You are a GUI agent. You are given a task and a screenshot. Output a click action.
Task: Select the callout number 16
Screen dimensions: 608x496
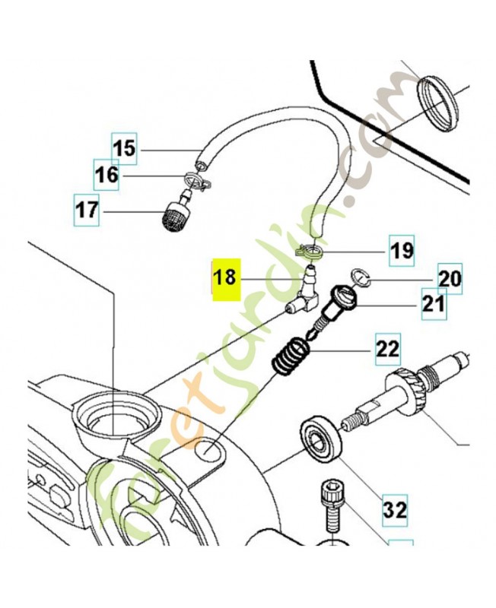point(107,176)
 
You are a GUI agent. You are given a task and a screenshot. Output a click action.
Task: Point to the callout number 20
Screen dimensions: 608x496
point(449,279)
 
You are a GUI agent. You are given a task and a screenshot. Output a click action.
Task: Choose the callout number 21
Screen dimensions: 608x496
point(433,304)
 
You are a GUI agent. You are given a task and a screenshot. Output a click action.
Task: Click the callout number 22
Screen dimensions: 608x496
point(386,350)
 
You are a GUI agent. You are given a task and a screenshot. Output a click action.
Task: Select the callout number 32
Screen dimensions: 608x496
point(395,505)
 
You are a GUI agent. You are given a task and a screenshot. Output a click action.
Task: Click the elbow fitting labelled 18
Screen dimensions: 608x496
point(304,297)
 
